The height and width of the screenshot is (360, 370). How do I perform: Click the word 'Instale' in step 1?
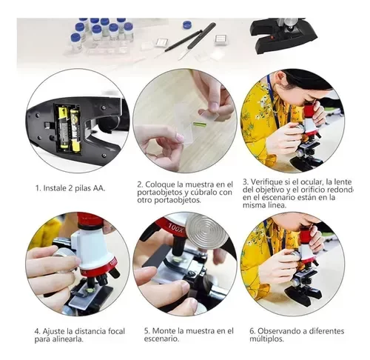pyautogui.click(x=55, y=188)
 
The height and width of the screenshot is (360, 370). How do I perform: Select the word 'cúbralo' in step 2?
pyautogui.click(x=203, y=192)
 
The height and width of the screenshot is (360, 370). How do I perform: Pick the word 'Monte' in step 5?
pyautogui.click(x=163, y=330)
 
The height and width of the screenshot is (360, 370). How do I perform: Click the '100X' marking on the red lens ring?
pyautogui.click(x=176, y=227)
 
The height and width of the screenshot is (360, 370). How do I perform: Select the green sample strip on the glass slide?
pyautogui.click(x=201, y=123)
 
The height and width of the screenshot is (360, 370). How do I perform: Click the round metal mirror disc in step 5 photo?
pyautogui.click(x=206, y=230)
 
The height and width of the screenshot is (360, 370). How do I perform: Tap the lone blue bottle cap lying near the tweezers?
pyautogui.click(x=187, y=24)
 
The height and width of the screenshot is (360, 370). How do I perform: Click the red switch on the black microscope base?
pyautogui.click(x=272, y=38)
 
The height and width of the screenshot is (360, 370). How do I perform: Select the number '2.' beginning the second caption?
pyautogui.click(x=141, y=184)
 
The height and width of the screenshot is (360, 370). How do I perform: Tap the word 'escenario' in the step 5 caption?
pyautogui.click(x=161, y=339)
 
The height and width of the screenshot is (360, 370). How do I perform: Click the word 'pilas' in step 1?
pyautogui.click(x=84, y=188)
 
